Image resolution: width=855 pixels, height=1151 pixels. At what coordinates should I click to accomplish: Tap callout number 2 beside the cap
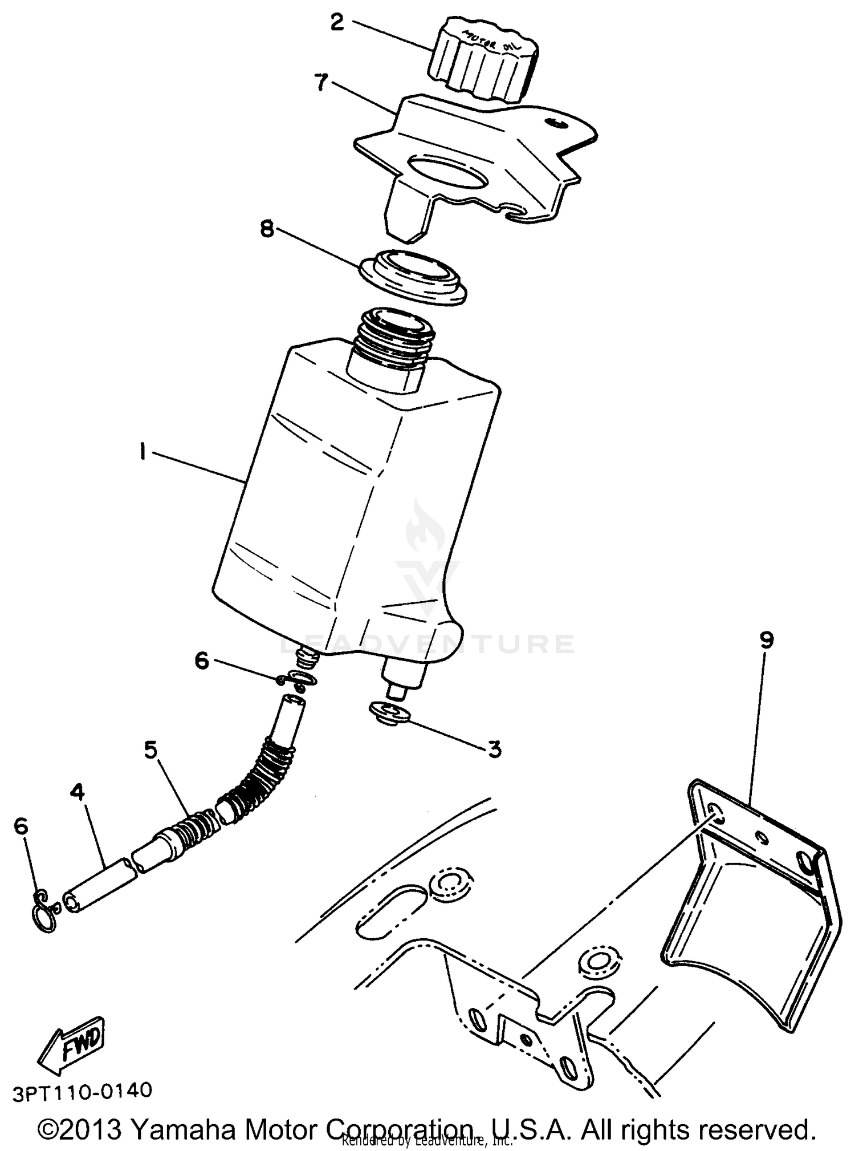[337, 23]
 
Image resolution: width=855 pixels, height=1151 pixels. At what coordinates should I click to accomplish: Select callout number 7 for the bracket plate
[321, 83]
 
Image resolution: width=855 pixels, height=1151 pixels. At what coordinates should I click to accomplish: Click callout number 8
[267, 229]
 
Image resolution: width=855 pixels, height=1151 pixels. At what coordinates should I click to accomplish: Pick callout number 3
[494, 749]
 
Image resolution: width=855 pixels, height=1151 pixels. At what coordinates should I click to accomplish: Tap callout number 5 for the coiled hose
[150, 750]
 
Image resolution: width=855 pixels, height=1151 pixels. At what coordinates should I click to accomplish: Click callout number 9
[767, 641]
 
